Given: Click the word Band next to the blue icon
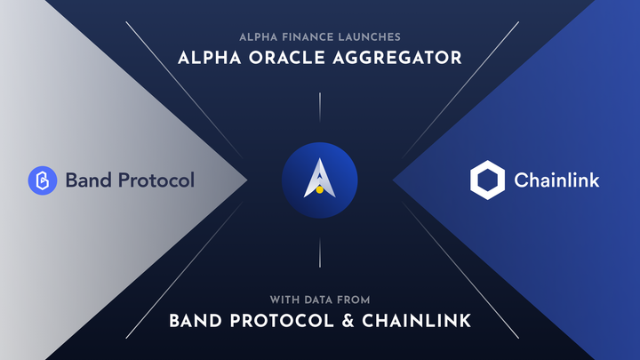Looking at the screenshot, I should click(85, 180).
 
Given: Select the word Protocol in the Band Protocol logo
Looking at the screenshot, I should click(153, 180).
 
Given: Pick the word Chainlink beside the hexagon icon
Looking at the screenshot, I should click(556, 180).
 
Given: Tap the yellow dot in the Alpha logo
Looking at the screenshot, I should click(318, 188).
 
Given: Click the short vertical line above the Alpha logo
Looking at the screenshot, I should click(319, 105).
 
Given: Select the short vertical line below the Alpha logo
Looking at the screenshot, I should click(319, 253).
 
